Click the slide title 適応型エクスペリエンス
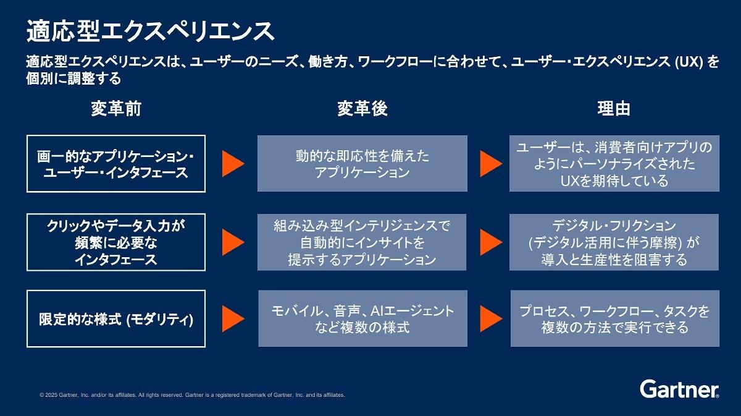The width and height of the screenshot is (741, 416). (x=150, y=31)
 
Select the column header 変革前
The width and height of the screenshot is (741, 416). (x=116, y=109)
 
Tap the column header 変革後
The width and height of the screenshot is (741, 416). (x=362, y=109)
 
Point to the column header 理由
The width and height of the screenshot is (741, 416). (x=614, y=109)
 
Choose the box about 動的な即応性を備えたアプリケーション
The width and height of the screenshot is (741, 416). (x=362, y=163)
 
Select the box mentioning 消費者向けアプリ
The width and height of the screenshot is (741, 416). (x=614, y=163)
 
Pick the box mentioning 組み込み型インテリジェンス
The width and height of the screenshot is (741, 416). (x=362, y=242)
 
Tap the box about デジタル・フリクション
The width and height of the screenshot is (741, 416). (x=614, y=242)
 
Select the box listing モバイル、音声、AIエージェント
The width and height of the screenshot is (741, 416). (x=363, y=318)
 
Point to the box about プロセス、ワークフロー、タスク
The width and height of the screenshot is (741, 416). (x=615, y=318)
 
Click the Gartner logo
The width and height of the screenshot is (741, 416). (x=679, y=389)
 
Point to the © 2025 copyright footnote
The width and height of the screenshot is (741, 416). (x=192, y=395)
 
